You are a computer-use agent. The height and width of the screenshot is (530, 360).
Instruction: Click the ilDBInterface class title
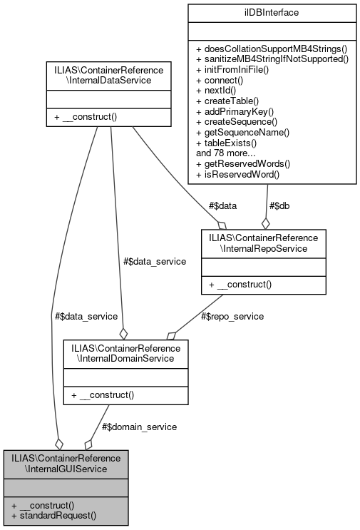click(x=270, y=12)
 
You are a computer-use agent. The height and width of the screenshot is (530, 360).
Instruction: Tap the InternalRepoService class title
click(x=263, y=244)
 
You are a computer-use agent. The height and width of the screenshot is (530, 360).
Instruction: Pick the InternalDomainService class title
click(x=125, y=353)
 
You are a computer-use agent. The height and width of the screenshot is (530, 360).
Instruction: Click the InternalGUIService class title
click(x=66, y=463)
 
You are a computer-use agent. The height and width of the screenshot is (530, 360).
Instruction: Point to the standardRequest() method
click(x=53, y=514)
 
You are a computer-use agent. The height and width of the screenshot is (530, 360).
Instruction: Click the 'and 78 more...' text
click(x=227, y=152)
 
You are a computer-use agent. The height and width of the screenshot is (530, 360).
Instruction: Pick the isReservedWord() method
click(x=240, y=173)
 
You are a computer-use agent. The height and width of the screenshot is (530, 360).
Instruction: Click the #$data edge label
click(x=222, y=205)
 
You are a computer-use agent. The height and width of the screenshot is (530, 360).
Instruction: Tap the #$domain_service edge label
click(x=139, y=426)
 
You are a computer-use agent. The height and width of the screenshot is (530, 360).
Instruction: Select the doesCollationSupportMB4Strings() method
click(x=270, y=46)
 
